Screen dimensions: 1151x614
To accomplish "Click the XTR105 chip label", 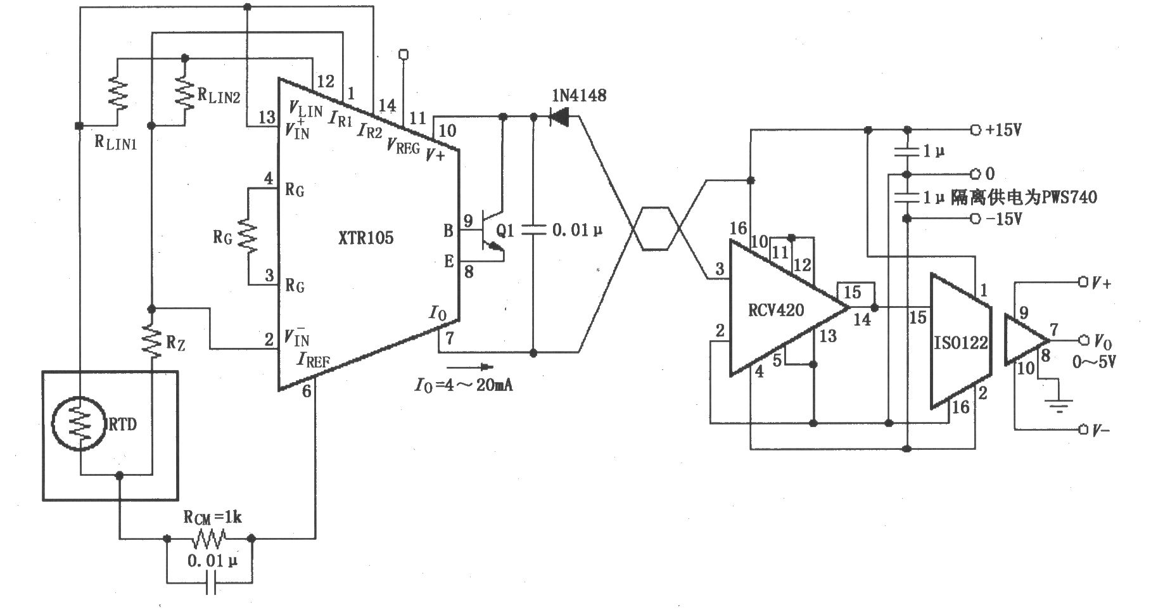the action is pos(366,238).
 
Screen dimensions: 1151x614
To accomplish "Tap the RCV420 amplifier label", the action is pos(776,310).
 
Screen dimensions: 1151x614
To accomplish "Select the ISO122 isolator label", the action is pos(961,343).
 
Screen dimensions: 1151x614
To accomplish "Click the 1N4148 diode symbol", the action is pos(558,117).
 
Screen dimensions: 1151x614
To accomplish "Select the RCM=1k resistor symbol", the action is pos(210,539).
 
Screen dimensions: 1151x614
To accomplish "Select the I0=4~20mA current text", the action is pos(464,385).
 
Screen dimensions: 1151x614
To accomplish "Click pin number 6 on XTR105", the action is pos(307,392).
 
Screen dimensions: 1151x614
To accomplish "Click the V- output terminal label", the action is pos(1100,430).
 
